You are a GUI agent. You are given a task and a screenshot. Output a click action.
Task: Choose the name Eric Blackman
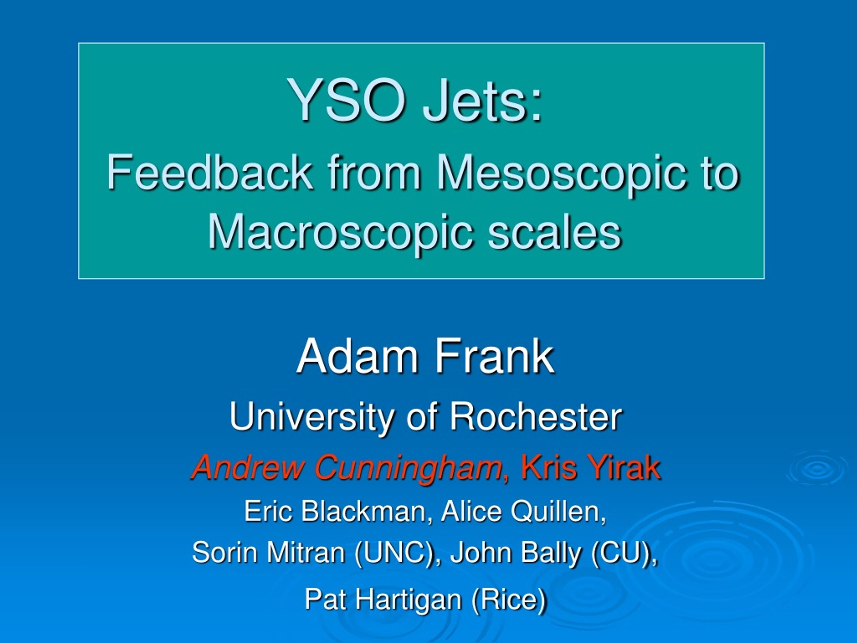pyautogui.click(x=335, y=511)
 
